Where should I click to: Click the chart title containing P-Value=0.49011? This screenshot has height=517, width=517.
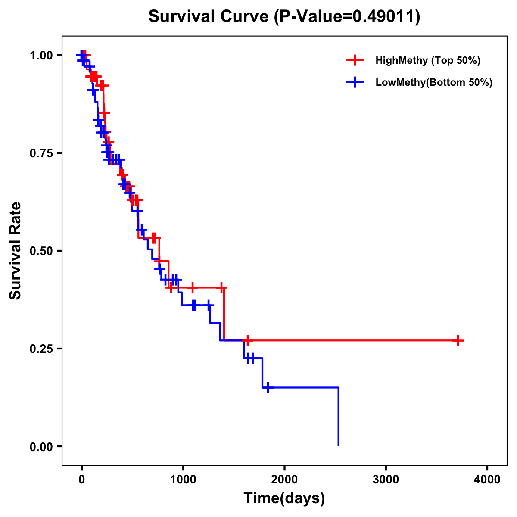pyautogui.click(x=284, y=17)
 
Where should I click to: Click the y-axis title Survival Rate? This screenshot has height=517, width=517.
pyautogui.click(x=16, y=251)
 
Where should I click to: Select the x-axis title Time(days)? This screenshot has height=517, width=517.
pyautogui.click(x=284, y=498)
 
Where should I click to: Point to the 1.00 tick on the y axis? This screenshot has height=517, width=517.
pyautogui.click(x=41, y=55)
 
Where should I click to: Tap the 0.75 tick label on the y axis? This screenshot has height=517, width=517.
pyautogui.click(x=41, y=153)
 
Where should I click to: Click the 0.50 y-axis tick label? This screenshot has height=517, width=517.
pyautogui.click(x=41, y=251)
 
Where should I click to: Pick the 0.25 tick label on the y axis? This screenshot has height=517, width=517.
pyautogui.click(x=41, y=349)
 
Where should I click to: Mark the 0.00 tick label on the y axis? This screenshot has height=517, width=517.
pyautogui.click(x=41, y=446)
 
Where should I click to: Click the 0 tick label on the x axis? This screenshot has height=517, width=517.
pyautogui.click(x=81, y=480)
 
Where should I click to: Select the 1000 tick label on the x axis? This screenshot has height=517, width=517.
pyautogui.click(x=183, y=480)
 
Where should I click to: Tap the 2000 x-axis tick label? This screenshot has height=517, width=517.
pyautogui.click(x=284, y=480)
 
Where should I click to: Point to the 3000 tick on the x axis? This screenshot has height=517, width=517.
pyautogui.click(x=386, y=480)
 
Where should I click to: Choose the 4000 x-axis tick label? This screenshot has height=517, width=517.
pyautogui.click(x=487, y=480)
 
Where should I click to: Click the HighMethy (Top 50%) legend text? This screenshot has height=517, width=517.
pyautogui.click(x=428, y=60)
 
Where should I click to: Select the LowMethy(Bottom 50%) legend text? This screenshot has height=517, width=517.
pyautogui.click(x=434, y=82)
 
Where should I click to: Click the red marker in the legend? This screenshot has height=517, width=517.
pyautogui.click(x=355, y=60)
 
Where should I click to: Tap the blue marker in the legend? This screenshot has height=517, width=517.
pyautogui.click(x=355, y=82)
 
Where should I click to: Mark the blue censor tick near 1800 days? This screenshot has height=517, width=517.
pyautogui.click(x=268, y=387)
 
